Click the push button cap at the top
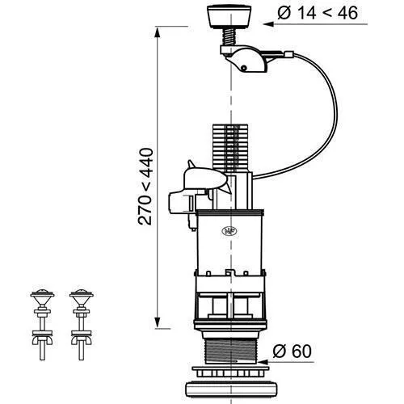tap(229, 17)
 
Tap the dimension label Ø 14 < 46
tap(318, 13)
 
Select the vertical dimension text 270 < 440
tap(145, 187)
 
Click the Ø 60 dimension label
tap(292, 351)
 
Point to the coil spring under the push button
tap(229, 36)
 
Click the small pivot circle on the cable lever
tap(243, 68)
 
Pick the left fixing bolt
tap(42, 325)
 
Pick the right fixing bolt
tap(82, 325)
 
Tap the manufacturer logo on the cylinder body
tap(229, 231)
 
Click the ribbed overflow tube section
tap(230, 148)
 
